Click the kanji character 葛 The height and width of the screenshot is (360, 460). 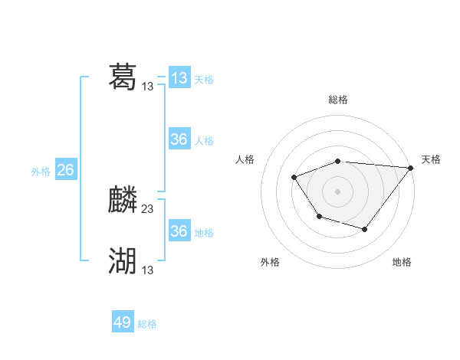(123, 77)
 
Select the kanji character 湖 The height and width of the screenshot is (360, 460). (123, 261)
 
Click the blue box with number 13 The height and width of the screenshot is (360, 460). (179, 78)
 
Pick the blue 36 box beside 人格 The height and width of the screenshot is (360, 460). (179, 139)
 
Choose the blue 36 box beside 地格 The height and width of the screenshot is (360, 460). (179, 231)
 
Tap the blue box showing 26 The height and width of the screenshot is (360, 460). (65, 170)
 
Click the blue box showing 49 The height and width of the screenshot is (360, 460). (123, 322)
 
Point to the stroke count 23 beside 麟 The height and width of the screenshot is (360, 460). (148, 208)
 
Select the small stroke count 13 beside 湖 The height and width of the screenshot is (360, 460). (148, 270)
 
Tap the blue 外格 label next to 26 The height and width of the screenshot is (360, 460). (41, 172)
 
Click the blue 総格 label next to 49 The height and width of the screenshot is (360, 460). (147, 324)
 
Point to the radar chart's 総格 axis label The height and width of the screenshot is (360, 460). (338, 100)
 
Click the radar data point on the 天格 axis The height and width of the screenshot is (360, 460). (411, 168)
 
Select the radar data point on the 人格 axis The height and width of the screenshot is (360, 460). (294, 177)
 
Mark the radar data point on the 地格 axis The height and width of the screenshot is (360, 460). (365, 229)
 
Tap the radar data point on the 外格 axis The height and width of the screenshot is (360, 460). (319, 218)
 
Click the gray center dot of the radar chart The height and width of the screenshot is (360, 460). (338, 191)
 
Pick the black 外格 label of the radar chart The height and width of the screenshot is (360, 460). (270, 262)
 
